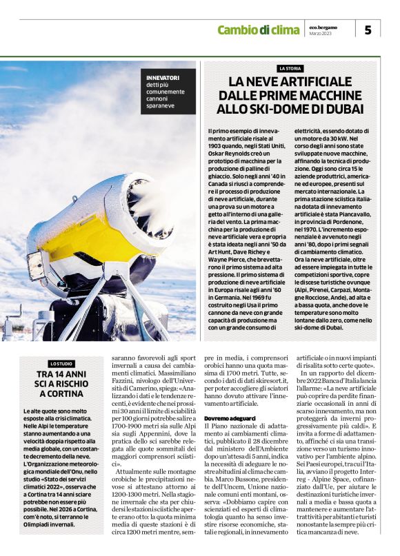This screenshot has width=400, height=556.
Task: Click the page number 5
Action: point(368,30)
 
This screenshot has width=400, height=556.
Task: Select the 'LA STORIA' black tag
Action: point(290,69)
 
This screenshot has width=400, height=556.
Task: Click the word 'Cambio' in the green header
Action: point(238,29)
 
